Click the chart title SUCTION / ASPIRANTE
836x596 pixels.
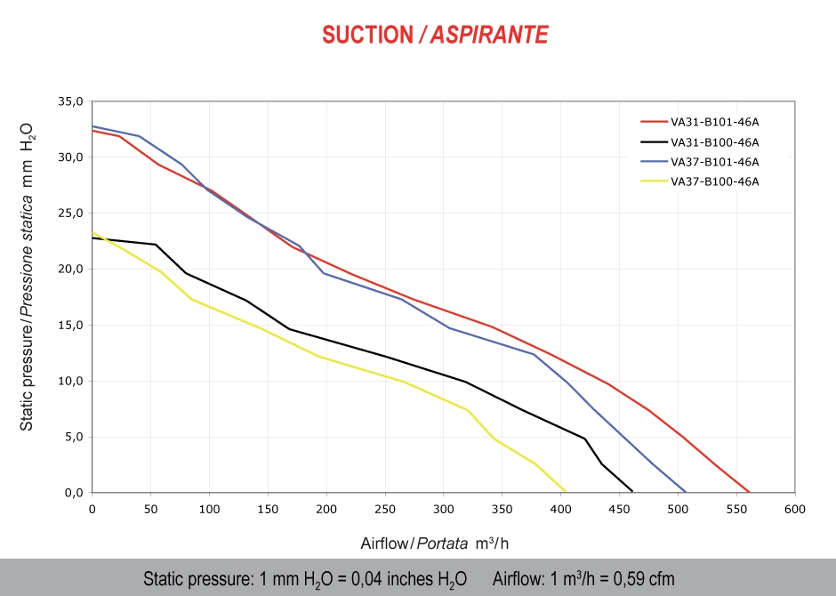coord(435,35)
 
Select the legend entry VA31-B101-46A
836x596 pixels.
coord(715,122)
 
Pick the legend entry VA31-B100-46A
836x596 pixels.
coord(715,142)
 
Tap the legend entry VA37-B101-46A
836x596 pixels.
coord(715,162)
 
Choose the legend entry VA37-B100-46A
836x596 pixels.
coord(715,181)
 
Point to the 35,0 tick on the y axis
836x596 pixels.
coord(70,101)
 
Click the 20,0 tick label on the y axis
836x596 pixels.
coord(70,269)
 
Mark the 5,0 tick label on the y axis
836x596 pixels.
coord(74,437)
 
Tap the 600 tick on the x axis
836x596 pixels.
coord(795,510)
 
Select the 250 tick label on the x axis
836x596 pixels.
coord(384,510)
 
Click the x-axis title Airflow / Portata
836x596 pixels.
coord(434,543)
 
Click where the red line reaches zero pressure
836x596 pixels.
coord(750,492)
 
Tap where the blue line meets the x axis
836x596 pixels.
coord(686,492)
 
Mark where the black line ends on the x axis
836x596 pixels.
coord(631,491)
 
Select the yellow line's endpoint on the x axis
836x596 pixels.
coord(565,491)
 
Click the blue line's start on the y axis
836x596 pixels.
coord(92,126)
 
